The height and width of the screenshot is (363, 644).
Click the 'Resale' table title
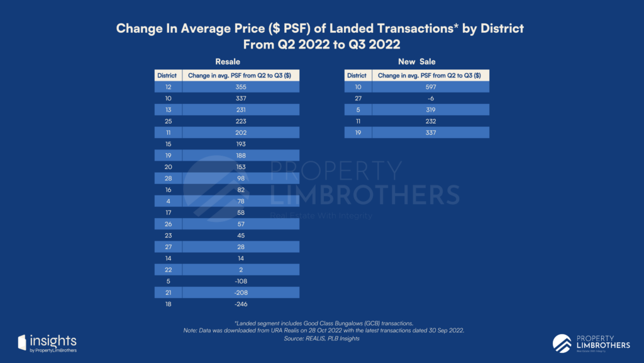click(x=228, y=62)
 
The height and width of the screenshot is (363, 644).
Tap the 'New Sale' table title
click(x=416, y=62)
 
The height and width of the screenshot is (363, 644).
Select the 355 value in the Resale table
click(x=241, y=87)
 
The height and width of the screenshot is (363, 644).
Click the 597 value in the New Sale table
click(x=430, y=87)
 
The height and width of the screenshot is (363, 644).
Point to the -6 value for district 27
click(x=430, y=98)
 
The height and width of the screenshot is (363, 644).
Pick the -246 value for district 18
click(x=241, y=304)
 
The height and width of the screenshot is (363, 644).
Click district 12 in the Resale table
click(x=169, y=87)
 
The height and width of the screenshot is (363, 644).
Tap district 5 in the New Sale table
click(x=357, y=110)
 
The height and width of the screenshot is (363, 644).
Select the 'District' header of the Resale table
click(x=169, y=76)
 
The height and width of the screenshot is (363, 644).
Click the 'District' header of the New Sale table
click(x=357, y=76)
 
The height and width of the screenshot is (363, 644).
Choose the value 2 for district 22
click(x=241, y=270)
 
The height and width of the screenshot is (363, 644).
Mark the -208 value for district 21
click(x=241, y=292)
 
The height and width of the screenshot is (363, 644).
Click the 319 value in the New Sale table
click(x=430, y=110)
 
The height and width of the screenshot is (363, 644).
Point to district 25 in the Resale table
click(x=169, y=121)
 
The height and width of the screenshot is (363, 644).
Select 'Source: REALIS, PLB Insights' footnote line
click(x=322, y=338)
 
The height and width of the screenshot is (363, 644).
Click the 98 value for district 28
click(x=241, y=178)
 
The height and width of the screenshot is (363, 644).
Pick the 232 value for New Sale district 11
click(x=430, y=121)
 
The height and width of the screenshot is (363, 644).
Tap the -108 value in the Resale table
click(x=241, y=281)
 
